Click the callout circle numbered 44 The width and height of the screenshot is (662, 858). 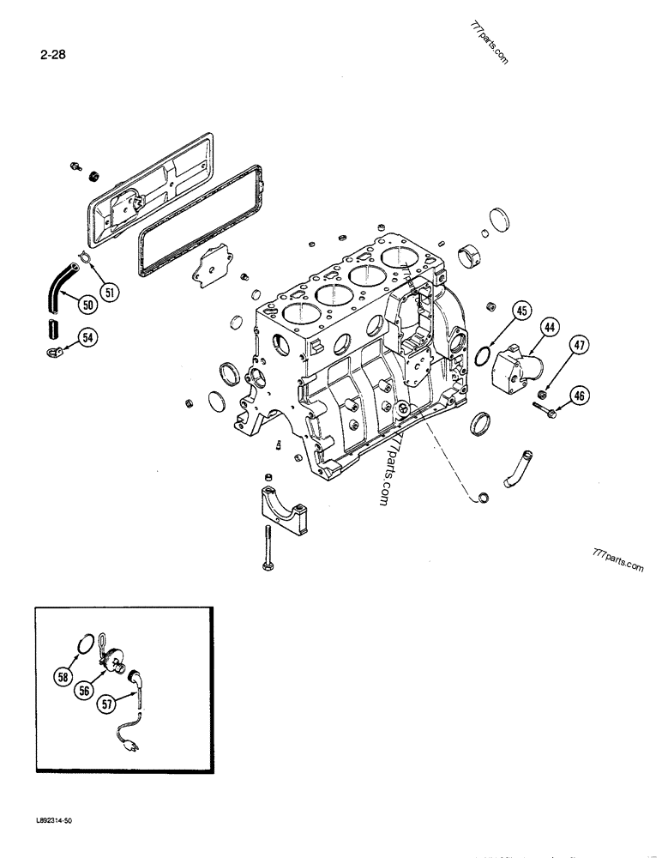click(x=550, y=328)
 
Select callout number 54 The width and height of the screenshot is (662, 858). click(x=87, y=338)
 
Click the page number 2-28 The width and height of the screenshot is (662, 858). click(x=52, y=58)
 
